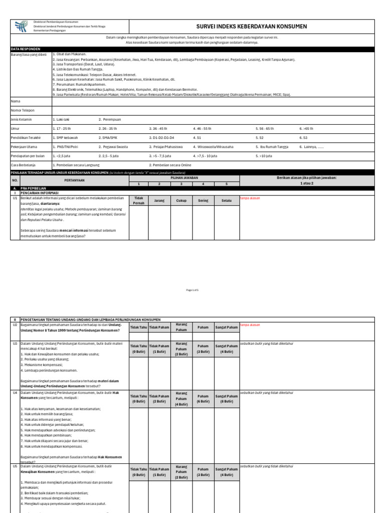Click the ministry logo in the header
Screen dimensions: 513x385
pyautogui.click(x=21, y=27)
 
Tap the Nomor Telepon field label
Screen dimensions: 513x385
pyautogui.click(x=23, y=110)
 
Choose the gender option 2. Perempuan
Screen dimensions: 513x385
pyautogui.click(x=109, y=120)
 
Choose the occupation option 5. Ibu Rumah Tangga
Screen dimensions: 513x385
pyautogui.click(x=274, y=147)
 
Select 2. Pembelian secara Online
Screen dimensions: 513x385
pyautogui.click(x=170, y=165)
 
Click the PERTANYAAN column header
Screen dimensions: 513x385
pyautogui.click(x=74, y=180)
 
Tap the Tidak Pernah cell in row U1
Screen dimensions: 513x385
pyautogui.click(x=139, y=200)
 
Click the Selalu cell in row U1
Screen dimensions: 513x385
pyautogui.click(x=227, y=200)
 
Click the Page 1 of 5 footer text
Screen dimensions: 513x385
pyautogui.click(x=192, y=290)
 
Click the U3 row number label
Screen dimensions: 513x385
pyautogui.click(x=15, y=344)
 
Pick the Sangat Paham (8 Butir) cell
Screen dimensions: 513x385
pyautogui.click(x=227, y=398)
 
